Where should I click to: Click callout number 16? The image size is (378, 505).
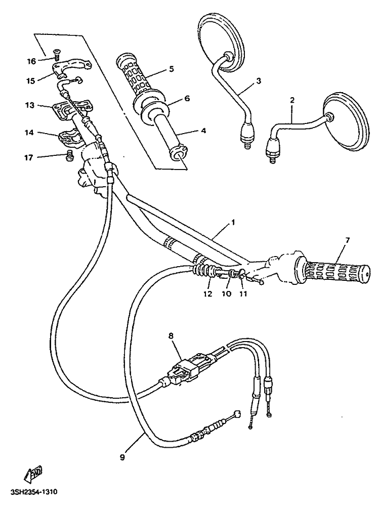(31, 62)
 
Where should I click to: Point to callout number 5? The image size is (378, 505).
(171, 68)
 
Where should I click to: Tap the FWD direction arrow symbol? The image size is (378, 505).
(33, 473)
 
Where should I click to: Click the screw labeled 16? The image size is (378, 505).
(56, 52)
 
